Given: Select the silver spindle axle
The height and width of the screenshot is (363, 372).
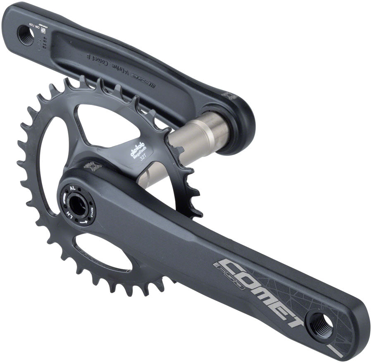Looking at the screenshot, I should pyautogui.click(x=198, y=136).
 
